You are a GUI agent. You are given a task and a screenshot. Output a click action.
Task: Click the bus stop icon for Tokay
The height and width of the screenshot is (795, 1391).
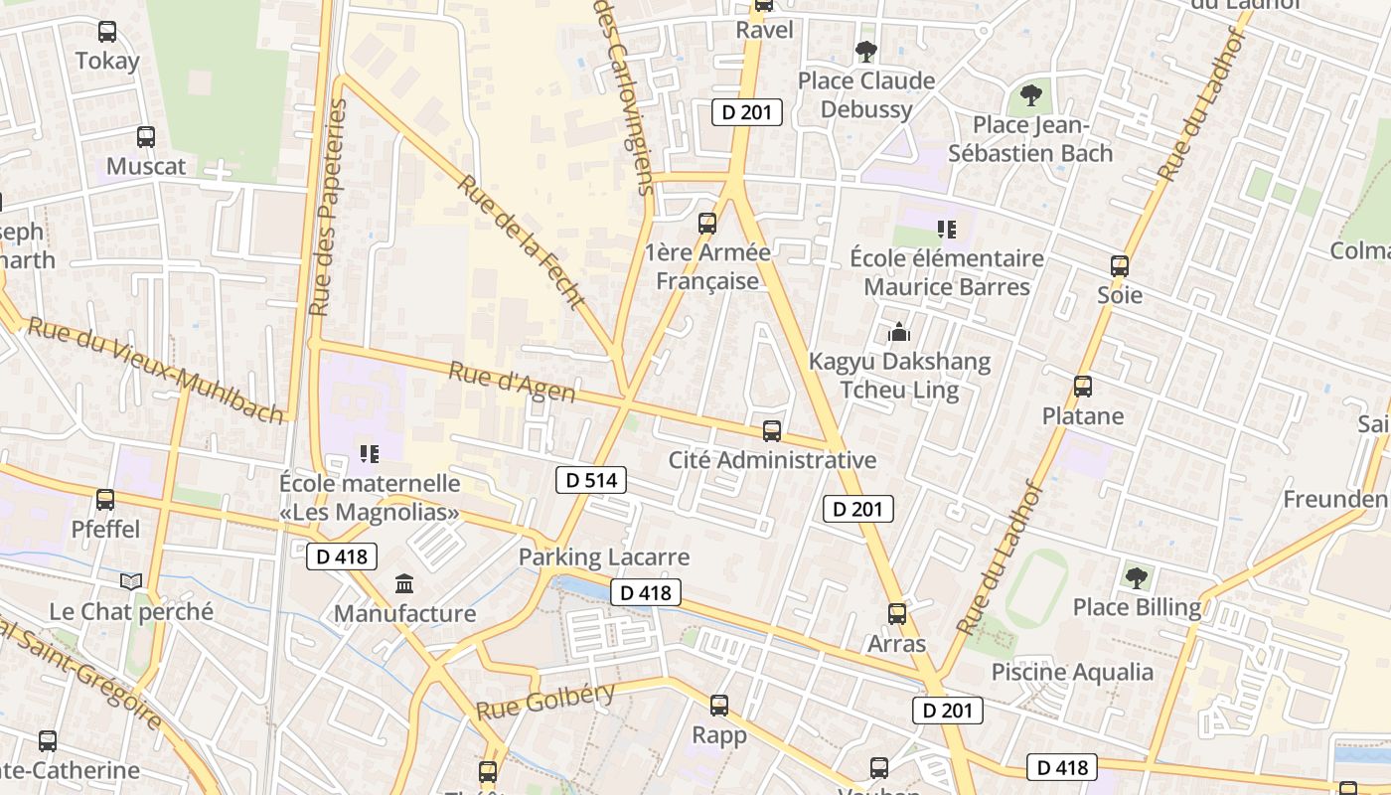pos(107,32)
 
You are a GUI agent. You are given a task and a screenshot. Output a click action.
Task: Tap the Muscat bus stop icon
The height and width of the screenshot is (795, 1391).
pos(146,137)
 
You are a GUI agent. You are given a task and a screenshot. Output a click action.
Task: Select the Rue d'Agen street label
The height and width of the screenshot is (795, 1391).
pos(512,383)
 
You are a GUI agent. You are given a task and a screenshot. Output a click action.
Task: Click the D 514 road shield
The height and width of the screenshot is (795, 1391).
pos(591,481)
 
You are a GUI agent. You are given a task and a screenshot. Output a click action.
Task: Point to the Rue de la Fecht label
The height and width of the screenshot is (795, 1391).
pos(523,242)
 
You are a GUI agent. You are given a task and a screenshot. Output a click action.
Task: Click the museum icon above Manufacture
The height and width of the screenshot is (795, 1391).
pos(404,584)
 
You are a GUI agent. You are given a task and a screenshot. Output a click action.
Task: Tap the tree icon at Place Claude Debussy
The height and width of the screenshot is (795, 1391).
pos(866,51)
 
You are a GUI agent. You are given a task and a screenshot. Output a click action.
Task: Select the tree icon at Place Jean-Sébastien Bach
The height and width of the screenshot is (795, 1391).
pos(1030,95)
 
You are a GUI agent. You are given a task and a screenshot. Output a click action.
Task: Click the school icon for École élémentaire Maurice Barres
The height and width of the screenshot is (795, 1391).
pos(947,230)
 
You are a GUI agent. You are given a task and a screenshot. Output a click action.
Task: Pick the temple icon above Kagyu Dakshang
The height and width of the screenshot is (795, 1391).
pos(899,332)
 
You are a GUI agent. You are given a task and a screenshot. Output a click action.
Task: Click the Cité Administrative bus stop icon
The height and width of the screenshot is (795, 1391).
pos(772,431)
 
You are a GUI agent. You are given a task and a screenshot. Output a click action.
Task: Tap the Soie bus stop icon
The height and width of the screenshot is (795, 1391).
pos(1120,266)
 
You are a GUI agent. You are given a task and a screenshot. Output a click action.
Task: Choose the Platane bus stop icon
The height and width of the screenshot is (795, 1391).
pos(1083,387)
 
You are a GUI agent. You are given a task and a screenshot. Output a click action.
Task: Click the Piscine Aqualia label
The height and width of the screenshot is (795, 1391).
pos(1072,672)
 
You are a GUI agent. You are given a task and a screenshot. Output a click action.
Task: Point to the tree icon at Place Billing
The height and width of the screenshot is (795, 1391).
pos(1137,577)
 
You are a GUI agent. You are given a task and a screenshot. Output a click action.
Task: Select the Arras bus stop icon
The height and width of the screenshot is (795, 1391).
pos(897,614)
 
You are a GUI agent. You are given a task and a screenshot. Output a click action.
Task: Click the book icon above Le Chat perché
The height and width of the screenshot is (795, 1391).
pos(131,581)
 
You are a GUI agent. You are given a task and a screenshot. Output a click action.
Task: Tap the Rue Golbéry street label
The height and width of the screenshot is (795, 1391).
pos(545,702)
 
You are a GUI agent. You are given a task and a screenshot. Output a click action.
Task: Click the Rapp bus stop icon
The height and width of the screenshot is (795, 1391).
pos(719,706)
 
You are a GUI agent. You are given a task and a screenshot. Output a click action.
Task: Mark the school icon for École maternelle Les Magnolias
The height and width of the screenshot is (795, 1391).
pos(370,454)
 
